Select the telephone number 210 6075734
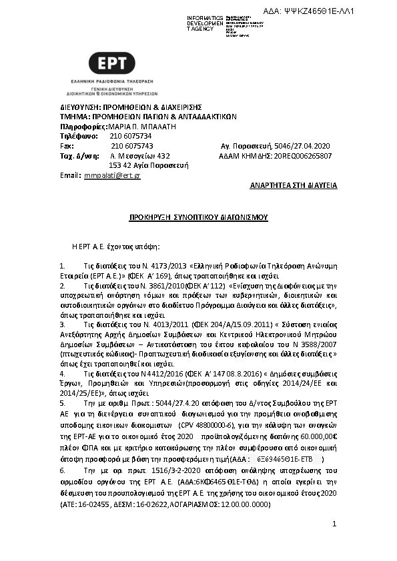click(x=126, y=136)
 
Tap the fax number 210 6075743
click(x=131, y=146)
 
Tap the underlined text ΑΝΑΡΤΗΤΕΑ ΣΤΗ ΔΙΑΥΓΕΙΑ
click(x=294, y=186)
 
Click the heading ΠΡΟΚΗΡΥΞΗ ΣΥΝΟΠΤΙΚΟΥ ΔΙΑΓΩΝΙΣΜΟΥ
click(x=198, y=217)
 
